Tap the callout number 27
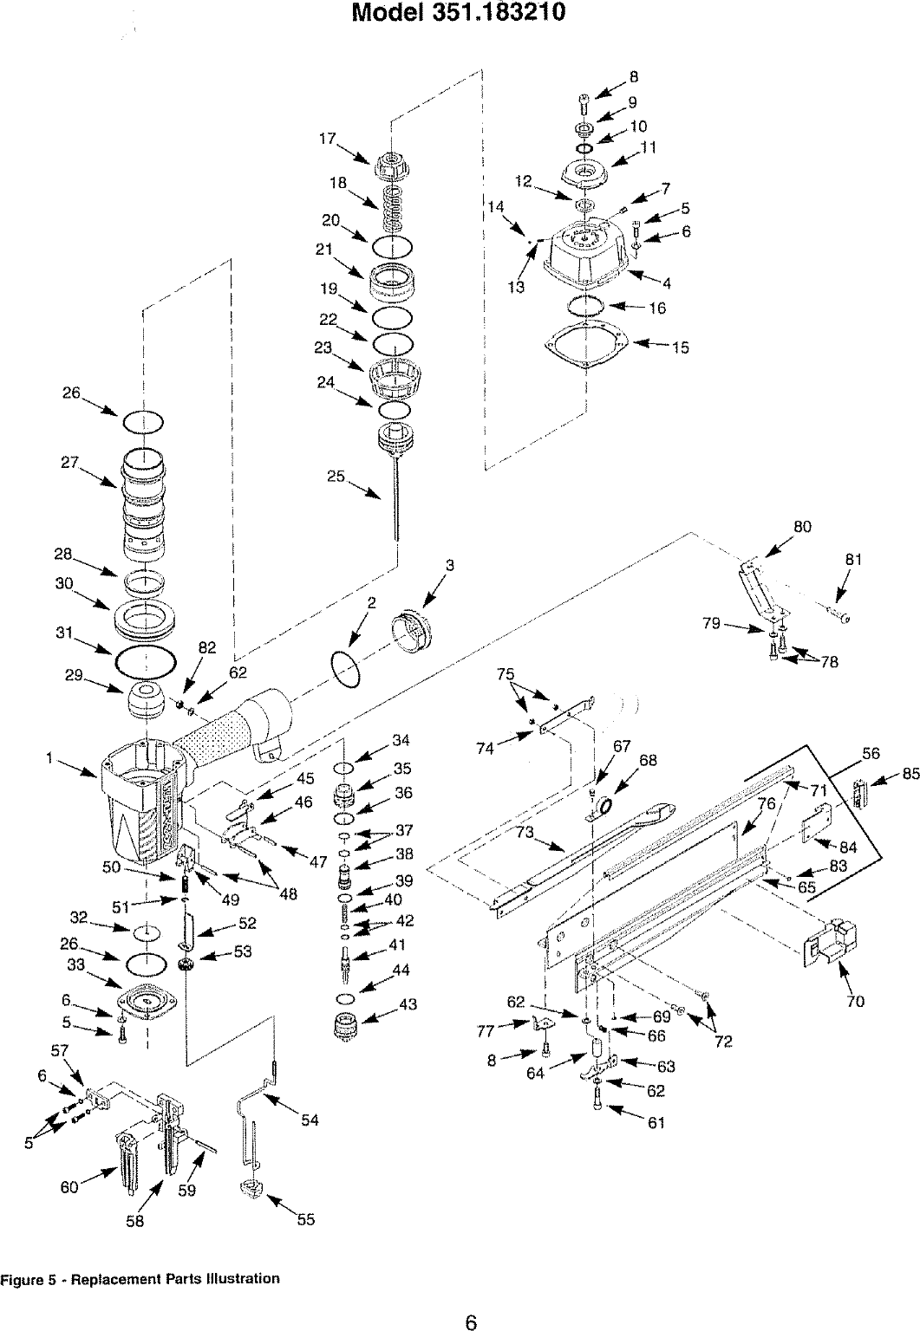70,463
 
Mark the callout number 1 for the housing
52,758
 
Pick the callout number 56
871,753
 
